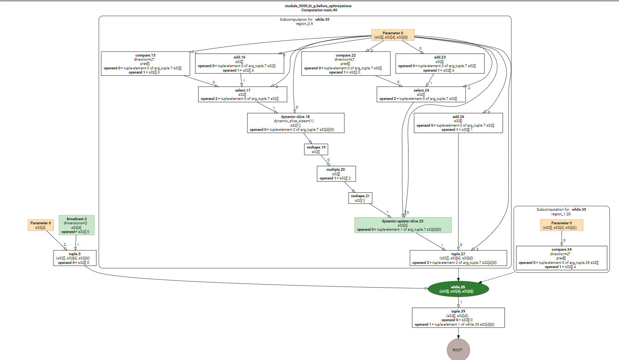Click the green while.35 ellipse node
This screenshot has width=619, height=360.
tap(458, 289)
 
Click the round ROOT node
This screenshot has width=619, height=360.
tap(458, 350)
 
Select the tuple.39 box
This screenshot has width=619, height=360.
tap(458, 318)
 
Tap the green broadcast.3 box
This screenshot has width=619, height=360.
tap(76, 225)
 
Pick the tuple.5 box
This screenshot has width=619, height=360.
tap(75, 258)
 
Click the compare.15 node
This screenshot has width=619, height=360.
tap(145, 64)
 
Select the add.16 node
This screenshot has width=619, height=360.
tap(239, 64)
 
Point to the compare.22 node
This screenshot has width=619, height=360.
tap(345, 64)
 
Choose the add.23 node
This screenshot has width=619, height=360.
tap(440, 64)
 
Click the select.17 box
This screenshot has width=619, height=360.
tap(242, 94)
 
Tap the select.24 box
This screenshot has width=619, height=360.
tap(421, 94)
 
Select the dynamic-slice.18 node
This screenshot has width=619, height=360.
tap(295, 123)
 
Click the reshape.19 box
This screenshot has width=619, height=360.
tap(316, 150)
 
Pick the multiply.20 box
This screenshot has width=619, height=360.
tap(336, 174)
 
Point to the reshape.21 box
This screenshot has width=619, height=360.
tap(360, 198)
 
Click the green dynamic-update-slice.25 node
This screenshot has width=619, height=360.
tap(403, 225)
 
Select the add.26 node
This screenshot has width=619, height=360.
tap(458, 123)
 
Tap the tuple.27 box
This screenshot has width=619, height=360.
tap(458, 258)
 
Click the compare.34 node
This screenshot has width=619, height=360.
tap(561, 258)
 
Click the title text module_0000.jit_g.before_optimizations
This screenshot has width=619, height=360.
tap(318, 6)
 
